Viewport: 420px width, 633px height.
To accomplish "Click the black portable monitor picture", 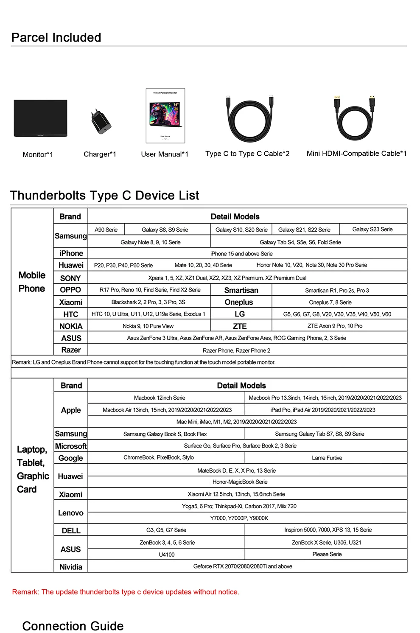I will [40, 118].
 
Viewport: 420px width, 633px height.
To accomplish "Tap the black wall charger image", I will [101, 122].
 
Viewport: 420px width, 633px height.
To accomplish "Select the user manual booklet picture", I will [165, 115].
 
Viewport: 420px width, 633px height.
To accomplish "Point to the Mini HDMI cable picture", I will [354, 119].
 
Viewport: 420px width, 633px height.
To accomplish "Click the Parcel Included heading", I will [56, 38].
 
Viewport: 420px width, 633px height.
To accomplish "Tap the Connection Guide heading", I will [73, 626].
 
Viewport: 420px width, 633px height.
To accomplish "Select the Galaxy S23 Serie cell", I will [372, 230].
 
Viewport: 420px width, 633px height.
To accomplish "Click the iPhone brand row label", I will [71, 253].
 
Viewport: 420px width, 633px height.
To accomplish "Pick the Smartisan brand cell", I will [241, 290].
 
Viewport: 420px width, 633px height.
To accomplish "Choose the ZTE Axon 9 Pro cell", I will [335, 326].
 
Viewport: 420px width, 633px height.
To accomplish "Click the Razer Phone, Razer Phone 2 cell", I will [236, 350].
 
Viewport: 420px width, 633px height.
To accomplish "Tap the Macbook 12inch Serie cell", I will [160, 398].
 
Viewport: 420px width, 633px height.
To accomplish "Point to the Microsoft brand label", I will [71, 446].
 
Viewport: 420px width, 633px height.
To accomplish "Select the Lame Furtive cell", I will [327, 458].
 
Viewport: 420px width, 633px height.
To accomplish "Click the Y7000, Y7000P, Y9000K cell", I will [239, 518].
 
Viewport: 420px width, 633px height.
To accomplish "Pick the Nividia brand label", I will [71, 567].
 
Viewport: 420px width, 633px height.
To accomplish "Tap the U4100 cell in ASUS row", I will [167, 555].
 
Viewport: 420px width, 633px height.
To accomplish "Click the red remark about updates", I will [126, 592].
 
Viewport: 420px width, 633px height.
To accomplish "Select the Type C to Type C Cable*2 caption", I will [247, 154].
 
